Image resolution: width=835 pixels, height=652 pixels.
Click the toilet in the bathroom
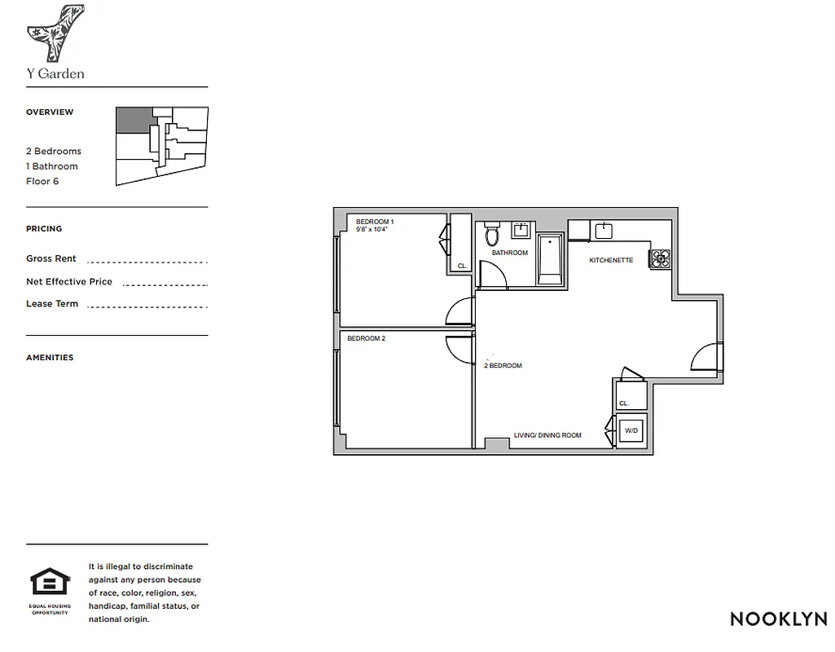491,235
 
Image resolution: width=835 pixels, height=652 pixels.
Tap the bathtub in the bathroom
550,259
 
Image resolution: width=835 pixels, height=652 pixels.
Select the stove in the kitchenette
660,258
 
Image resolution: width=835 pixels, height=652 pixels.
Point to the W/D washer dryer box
631,430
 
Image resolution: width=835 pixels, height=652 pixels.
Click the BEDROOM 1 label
375,222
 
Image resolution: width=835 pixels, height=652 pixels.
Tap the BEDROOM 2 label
366,338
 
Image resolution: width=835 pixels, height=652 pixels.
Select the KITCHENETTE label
612,261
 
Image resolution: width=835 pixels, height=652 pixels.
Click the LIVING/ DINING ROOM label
547,435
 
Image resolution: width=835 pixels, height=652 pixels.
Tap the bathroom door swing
492,275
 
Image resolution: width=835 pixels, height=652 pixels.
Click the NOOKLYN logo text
778,619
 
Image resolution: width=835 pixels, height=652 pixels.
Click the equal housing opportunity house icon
51,582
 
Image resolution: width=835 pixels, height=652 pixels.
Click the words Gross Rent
51,258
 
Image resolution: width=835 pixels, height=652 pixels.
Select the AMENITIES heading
50,358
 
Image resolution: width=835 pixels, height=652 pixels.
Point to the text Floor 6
42,181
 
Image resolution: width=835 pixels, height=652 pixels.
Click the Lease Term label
52,304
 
